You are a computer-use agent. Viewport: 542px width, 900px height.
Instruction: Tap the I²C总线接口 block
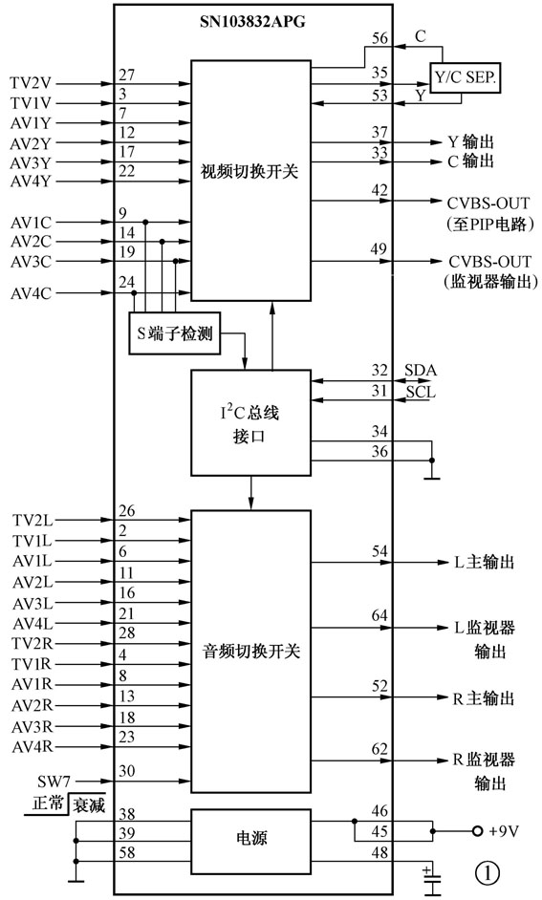[x=251, y=423]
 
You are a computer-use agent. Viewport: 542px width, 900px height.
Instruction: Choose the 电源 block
[x=251, y=838]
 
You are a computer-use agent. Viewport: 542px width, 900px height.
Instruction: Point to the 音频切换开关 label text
[x=251, y=652]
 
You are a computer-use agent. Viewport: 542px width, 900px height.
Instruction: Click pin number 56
[x=379, y=38]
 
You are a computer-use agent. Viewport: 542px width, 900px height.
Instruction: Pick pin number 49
[x=379, y=250]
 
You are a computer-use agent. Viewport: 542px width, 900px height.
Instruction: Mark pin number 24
[x=127, y=282]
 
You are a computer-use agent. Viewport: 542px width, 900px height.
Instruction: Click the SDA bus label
[x=421, y=369]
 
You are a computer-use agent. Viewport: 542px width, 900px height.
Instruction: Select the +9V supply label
[x=504, y=831]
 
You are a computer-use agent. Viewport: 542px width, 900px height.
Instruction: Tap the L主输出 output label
[x=484, y=563]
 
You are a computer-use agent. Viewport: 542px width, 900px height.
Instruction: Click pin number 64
[x=379, y=616]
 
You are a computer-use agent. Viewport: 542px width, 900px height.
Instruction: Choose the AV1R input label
[x=32, y=684]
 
